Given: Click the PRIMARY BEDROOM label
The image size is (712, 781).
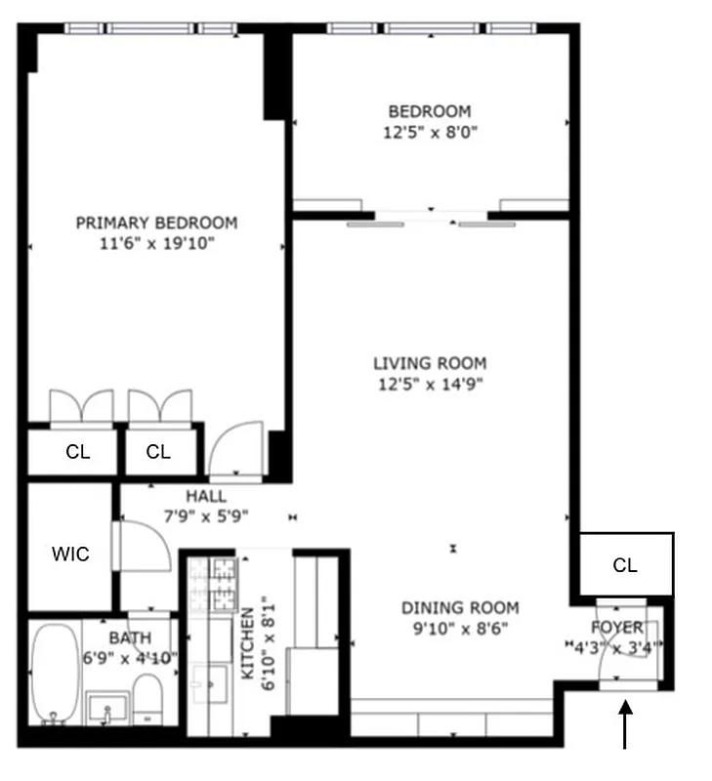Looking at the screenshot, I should click(x=156, y=223).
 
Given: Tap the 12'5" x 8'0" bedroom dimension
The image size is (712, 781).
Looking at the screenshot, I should click(x=429, y=131).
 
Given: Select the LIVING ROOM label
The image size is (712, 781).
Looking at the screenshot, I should click(x=429, y=364).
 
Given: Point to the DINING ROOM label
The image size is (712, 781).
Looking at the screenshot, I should click(x=460, y=607).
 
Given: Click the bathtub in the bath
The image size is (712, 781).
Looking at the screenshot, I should click(x=54, y=674).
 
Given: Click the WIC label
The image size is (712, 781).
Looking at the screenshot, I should click(x=70, y=555).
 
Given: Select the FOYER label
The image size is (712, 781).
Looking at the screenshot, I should click(x=617, y=627).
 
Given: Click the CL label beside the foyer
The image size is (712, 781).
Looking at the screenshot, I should click(x=625, y=565).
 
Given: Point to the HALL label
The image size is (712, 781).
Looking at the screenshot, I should click(x=205, y=497).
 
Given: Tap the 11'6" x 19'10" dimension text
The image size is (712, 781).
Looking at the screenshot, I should click(x=156, y=243).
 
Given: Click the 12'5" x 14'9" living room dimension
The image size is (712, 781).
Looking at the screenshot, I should click(x=429, y=384).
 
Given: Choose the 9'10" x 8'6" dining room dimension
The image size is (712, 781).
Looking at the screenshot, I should click(x=460, y=627).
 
